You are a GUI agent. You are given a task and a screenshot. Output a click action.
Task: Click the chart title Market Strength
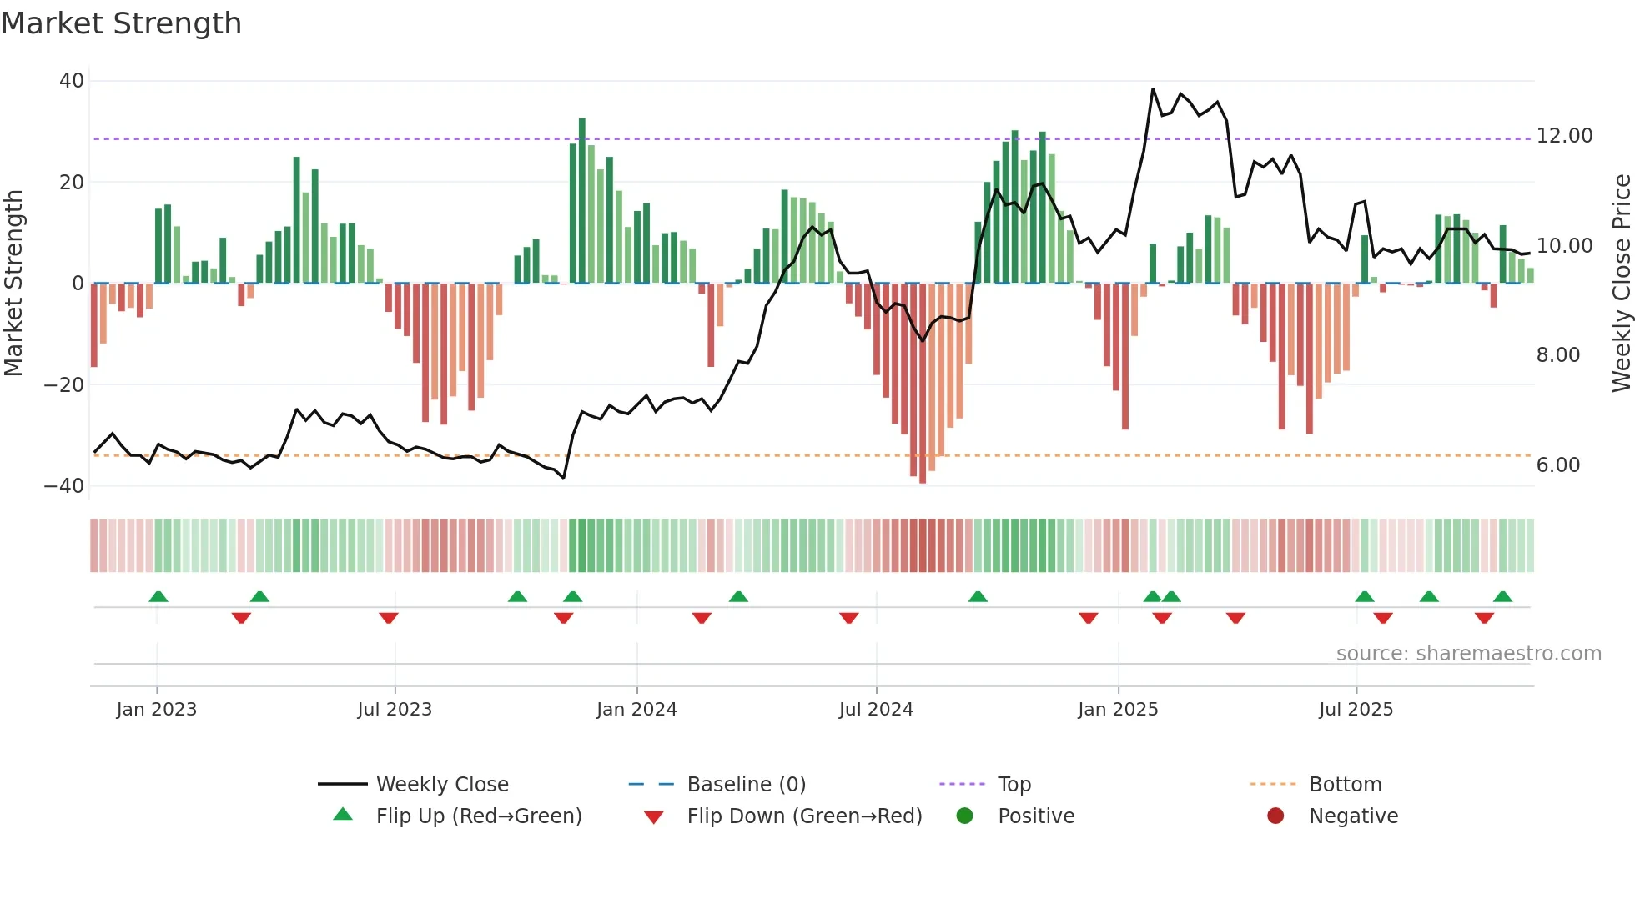coord(121,23)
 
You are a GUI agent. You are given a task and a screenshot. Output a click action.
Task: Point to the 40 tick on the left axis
coord(72,81)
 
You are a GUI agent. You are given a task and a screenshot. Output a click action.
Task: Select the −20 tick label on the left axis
coord(64,385)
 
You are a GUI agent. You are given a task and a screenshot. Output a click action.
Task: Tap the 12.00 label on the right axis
coord(1564,136)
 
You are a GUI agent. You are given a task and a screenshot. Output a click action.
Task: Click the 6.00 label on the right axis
coord(1557,465)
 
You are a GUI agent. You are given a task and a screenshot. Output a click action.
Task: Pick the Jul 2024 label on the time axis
coord(876,710)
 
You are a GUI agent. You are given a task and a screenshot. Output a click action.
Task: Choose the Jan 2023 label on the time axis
coord(157,710)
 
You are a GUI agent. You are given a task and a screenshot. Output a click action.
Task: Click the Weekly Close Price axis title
coord(1621,284)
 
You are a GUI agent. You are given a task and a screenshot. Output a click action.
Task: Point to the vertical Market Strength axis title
coord(14,284)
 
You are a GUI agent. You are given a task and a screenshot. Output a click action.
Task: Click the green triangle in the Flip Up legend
coord(343,815)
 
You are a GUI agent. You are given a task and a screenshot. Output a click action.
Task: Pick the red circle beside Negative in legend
coord(1275,816)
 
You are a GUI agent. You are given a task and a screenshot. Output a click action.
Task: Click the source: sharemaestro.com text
coord(1468,654)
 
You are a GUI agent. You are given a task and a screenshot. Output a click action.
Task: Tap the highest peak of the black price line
coord(1153,89)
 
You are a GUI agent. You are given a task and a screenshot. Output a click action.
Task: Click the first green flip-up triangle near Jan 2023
coord(158,596)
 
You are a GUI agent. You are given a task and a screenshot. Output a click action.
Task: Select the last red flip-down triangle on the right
coord(1484,618)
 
